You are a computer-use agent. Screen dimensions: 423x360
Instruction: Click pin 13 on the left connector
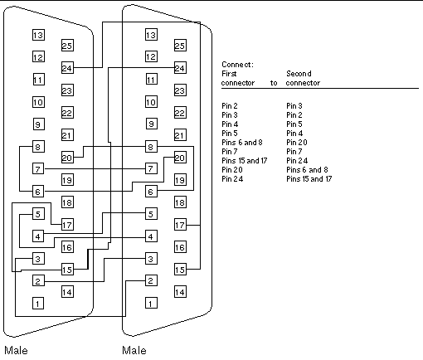pos(38,35)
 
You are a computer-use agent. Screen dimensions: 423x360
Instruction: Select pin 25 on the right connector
pos(180,46)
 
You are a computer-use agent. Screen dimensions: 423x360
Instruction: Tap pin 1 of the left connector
pos(38,304)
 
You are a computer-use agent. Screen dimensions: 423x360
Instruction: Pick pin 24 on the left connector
pos(67,68)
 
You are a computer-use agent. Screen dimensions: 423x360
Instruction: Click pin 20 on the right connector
pos(180,158)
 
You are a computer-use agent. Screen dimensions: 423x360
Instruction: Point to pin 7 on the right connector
pos(151,168)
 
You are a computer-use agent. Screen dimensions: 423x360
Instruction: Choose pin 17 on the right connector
pos(180,225)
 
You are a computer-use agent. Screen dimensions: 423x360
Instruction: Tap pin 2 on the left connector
pos(38,281)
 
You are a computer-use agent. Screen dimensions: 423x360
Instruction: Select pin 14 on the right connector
pos(180,292)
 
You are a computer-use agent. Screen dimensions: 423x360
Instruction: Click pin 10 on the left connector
pos(38,102)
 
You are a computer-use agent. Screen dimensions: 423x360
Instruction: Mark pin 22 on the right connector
pos(180,113)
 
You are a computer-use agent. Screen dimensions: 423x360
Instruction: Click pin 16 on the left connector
pos(67,247)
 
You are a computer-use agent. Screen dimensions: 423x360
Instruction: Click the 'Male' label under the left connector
pos(16,351)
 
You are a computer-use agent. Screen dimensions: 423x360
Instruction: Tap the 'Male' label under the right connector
pos(134,351)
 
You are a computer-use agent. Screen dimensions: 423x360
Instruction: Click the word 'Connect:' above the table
pos(237,65)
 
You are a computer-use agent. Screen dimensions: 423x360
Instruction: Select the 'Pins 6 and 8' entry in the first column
pos(242,143)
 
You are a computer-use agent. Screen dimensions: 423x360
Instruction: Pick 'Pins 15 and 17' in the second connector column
pos(309,179)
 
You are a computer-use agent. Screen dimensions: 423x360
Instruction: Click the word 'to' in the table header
pos(274,83)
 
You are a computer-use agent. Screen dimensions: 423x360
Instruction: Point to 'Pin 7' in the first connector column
pos(230,152)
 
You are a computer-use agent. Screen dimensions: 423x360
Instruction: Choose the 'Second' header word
pos(299,74)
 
